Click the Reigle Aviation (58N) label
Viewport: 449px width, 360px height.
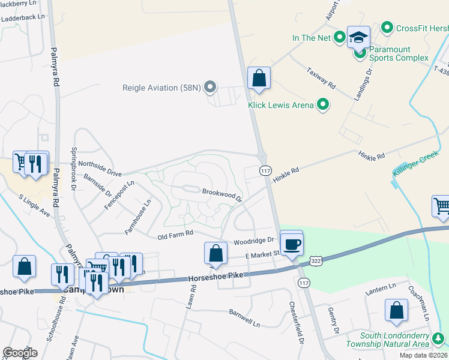click(161, 88)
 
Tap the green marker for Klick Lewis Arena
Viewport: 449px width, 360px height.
click(324, 105)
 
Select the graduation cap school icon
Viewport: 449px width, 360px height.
click(358, 38)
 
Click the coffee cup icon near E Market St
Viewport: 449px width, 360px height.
click(292, 244)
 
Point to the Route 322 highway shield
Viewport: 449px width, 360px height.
click(316, 260)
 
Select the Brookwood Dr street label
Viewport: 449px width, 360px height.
click(221, 194)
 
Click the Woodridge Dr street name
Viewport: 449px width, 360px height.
click(253, 241)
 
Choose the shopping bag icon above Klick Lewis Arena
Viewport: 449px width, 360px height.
click(259, 79)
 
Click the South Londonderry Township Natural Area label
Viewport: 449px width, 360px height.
click(395, 340)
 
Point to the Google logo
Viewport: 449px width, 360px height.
click(20, 352)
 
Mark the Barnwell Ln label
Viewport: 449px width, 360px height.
click(244, 317)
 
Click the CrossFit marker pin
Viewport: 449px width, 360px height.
click(387, 28)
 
